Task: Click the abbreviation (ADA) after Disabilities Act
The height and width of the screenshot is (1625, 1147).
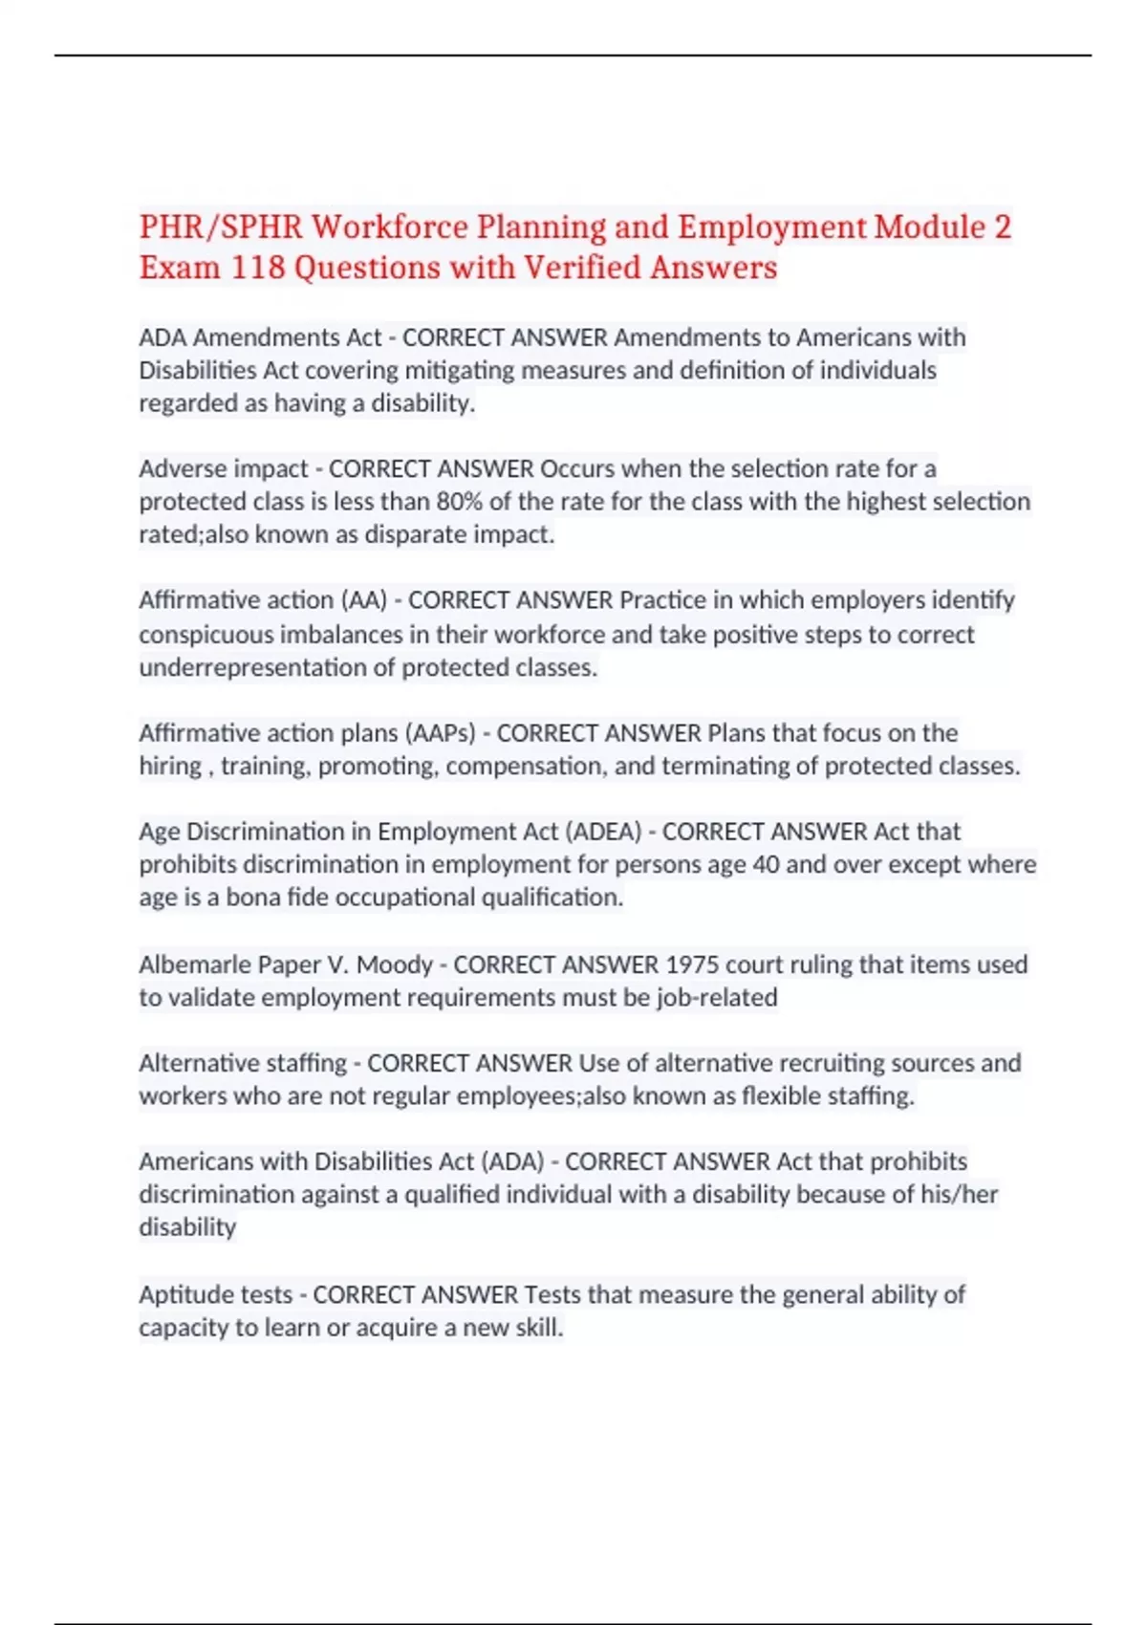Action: [x=512, y=1161]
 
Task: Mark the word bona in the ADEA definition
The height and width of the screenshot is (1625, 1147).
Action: [x=253, y=898]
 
